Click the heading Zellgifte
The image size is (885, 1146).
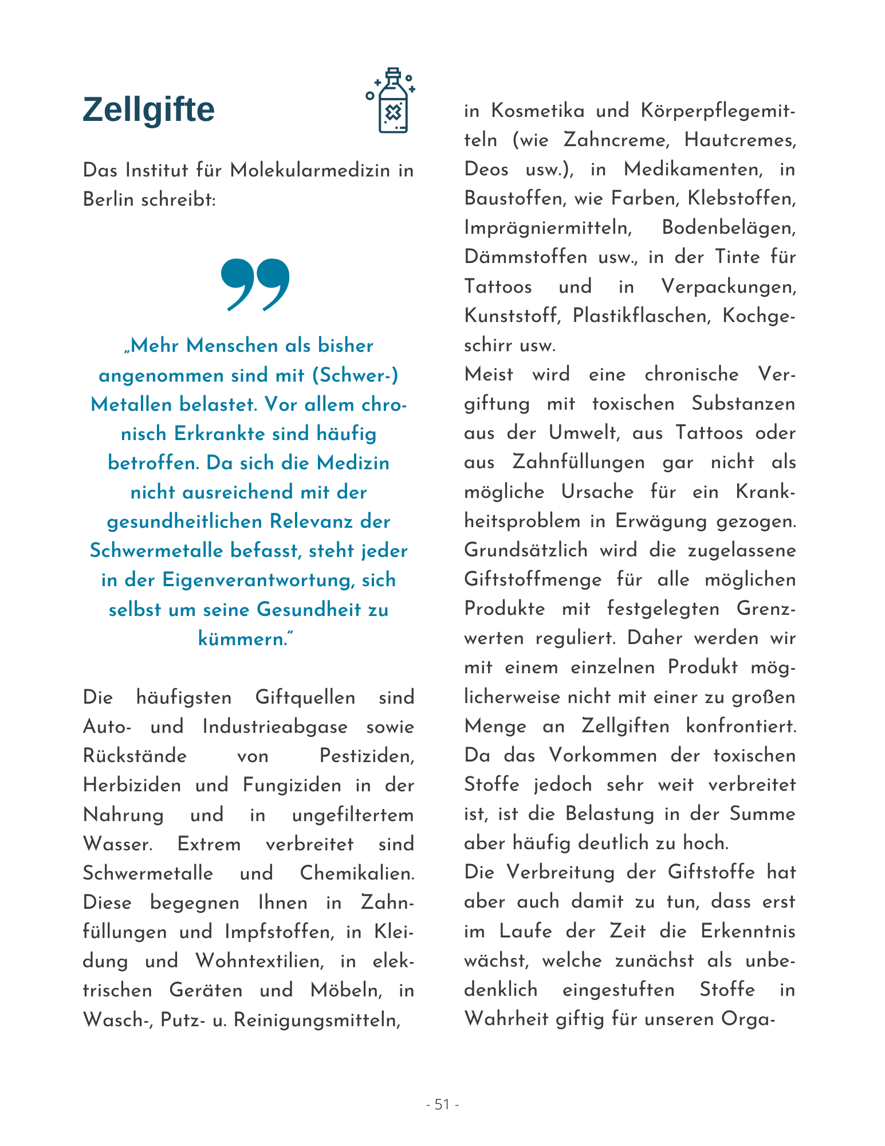(148, 109)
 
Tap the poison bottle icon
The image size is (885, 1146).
(392, 101)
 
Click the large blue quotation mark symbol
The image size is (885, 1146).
(255, 284)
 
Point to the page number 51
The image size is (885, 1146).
(442, 1104)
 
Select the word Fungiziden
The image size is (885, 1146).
(292, 785)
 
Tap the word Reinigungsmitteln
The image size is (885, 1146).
(317, 1020)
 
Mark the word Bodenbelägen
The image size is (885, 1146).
(729, 228)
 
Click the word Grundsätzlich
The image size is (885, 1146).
(526, 550)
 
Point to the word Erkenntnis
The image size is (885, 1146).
(748, 931)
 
